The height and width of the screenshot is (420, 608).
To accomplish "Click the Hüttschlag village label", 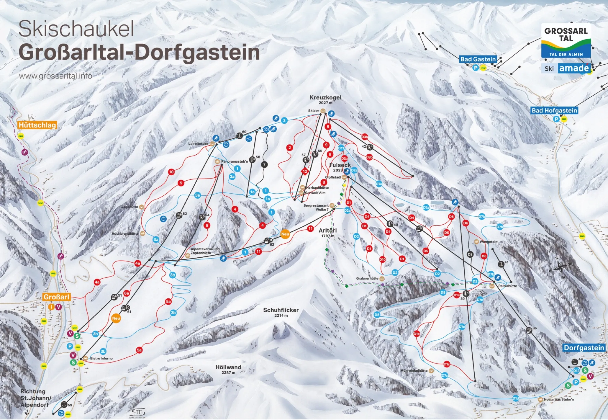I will [37, 125].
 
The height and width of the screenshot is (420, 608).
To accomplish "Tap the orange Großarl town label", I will [56, 297].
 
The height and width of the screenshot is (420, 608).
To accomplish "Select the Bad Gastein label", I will [478, 59].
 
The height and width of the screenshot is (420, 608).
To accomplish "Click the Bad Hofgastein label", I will [554, 111].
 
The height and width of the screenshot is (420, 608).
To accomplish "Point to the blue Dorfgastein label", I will [584, 348].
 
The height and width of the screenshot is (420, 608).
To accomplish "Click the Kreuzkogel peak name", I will [325, 98].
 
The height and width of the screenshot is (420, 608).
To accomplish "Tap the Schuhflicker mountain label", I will [281, 310].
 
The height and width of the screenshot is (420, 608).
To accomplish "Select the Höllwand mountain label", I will [228, 367].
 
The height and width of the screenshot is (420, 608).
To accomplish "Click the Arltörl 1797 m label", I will [327, 231].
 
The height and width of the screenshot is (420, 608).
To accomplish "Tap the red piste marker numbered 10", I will [171, 172].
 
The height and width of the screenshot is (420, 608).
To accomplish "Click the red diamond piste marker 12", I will [305, 171].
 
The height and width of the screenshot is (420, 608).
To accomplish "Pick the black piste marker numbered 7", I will [264, 164].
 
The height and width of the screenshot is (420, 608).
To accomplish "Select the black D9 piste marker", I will [470, 254].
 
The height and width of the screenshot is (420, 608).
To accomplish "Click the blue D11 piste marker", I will [341, 148].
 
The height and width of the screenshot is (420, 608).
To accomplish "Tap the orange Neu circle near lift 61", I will [116, 318].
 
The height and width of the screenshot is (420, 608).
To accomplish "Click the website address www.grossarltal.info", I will [55, 76].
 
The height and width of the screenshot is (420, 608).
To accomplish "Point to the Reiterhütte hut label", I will [507, 286].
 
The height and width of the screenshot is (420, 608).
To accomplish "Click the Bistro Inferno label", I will [101, 359].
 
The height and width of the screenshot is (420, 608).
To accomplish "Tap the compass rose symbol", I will [559, 268].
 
